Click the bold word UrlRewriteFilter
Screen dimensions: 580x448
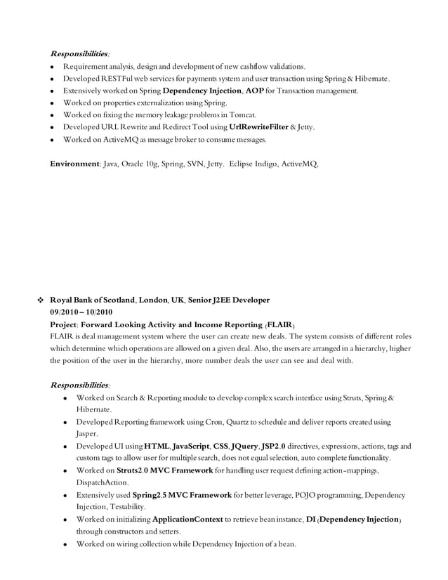[x=259, y=127]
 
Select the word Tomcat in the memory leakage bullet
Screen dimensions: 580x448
[x=244, y=114]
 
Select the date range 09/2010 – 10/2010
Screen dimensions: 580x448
[x=81, y=312]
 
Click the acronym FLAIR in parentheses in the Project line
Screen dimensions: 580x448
[x=280, y=324]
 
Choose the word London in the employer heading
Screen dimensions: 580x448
[x=154, y=300]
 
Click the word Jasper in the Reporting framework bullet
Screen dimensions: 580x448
[x=87, y=434]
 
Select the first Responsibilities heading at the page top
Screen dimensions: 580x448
[x=79, y=53]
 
